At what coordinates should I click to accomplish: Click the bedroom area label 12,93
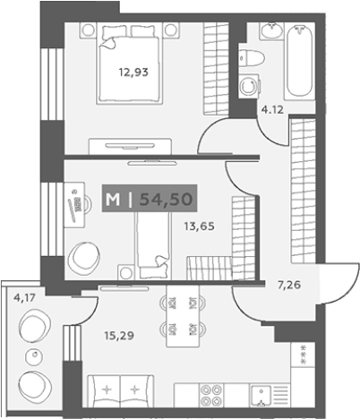coord(133,73)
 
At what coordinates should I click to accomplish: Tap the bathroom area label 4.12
coord(272,110)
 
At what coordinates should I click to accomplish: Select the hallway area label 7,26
coord(289,286)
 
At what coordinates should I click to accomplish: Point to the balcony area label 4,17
coord(24,297)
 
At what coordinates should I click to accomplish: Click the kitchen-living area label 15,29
coord(119,336)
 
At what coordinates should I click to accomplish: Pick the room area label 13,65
coord(199,227)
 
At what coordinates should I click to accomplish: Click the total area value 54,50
coord(166,199)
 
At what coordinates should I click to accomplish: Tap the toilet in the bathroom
coord(252,58)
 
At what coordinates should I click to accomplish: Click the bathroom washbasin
coord(271,30)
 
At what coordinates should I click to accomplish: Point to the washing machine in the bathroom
coord(249,86)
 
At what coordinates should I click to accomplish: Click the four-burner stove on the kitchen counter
coord(211,395)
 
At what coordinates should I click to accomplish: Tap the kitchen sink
coord(261,396)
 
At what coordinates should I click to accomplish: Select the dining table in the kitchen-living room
coord(183,316)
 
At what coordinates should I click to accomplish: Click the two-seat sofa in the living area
coord(120,391)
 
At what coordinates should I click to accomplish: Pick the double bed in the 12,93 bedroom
coord(129,64)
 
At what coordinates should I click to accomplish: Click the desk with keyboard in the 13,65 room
coord(74,205)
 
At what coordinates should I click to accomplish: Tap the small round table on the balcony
coord(34,356)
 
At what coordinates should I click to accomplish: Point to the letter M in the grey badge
coord(113,200)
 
